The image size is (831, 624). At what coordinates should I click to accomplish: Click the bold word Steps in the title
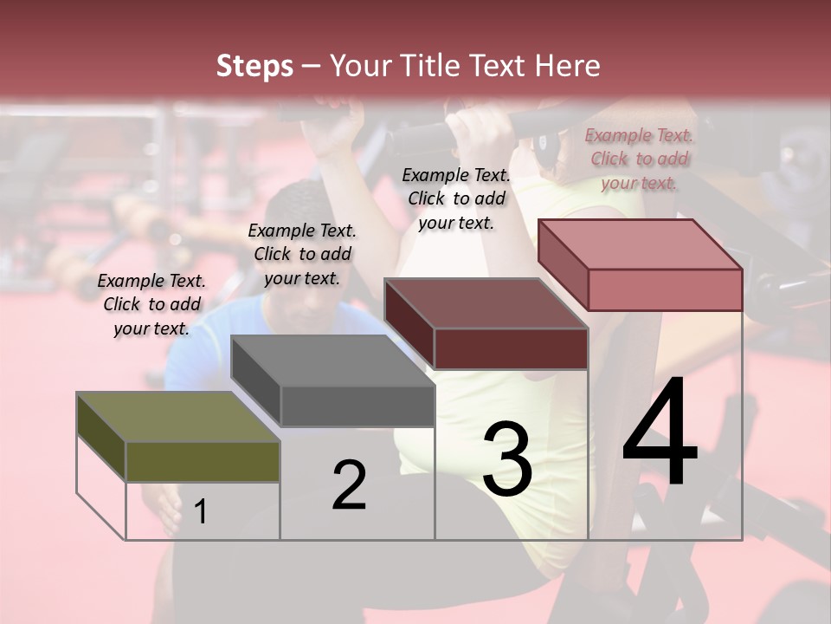pyautogui.click(x=254, y=66)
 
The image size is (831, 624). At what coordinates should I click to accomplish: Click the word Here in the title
pyautogui.click(x=567, y=66)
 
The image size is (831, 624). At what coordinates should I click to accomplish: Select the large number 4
pyautogui.click(x=660, y=433)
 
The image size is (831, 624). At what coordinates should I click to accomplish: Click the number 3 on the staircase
pyautogui.click(x=507, y=458)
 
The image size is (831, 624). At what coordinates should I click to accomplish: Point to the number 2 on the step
pyautogui.click(x=349, y=485)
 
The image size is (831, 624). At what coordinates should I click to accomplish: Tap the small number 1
pyautogui.click(x=201, y=511)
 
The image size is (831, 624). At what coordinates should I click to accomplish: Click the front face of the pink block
pyautogui.click(x=665, y=289)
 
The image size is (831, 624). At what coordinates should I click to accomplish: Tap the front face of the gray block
pyautogui.click(x=358, y=406)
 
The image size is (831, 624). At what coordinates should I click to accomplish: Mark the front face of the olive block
pyautogui.click(x=203, y=461)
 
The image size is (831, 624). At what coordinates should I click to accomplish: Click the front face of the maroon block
pyautogui.click(x=511, y=349)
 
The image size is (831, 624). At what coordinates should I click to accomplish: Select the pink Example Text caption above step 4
pyautogui.click(x=639, y=159)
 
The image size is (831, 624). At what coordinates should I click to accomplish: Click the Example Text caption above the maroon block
pyautogui.click(x=456, y=198)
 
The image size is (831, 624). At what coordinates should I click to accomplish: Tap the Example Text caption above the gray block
pyautogui.click(x=302, y=254)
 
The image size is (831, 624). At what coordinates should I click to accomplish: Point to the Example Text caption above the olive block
pyautogui.click(x=151, y=304)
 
